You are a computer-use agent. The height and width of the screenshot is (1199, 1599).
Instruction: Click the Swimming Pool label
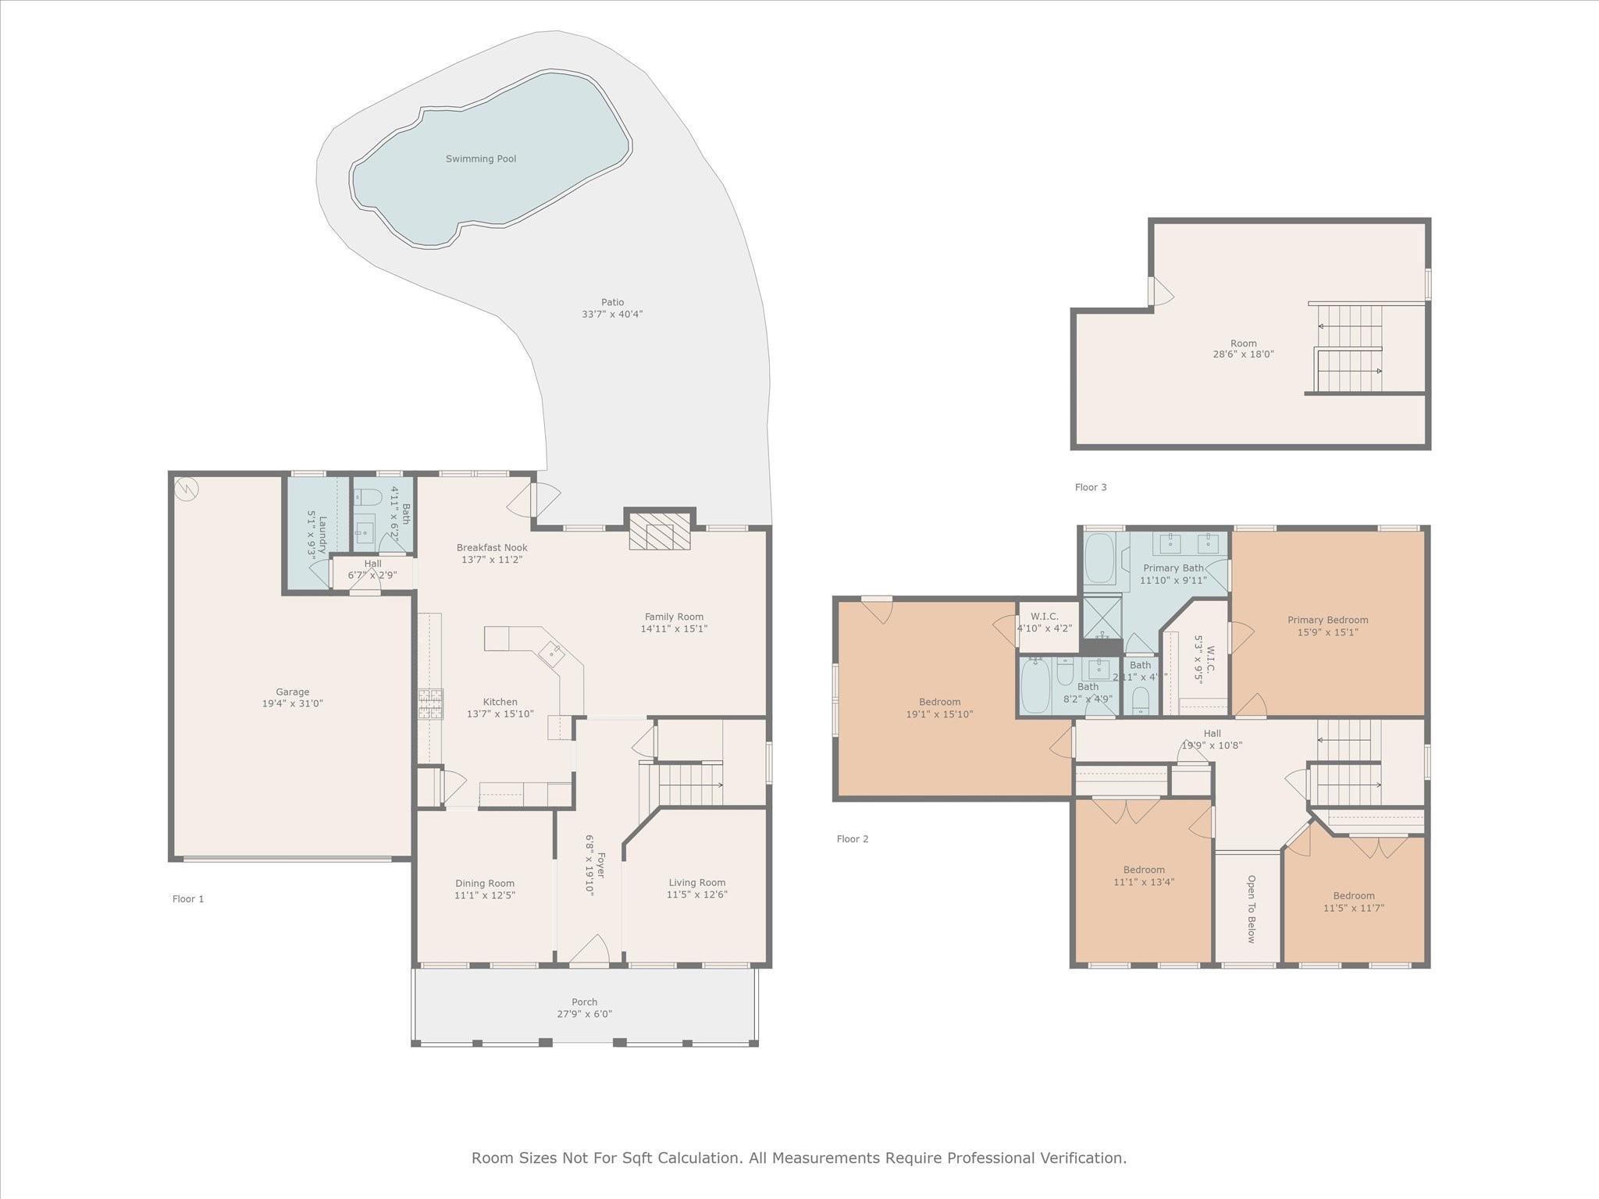pos(481,158)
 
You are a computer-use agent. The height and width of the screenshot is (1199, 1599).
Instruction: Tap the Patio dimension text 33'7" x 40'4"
pos(612,315)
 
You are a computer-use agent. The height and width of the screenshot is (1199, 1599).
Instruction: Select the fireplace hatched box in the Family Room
pos(660,532)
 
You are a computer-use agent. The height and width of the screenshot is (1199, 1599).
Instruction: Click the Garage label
pos(292,692)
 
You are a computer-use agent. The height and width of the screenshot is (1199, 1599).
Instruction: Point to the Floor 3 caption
pos(1091,487)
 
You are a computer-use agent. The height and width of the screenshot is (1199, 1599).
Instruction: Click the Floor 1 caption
pos(188,898)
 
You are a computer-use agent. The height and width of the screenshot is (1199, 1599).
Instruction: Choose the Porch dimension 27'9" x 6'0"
pos(584,1014)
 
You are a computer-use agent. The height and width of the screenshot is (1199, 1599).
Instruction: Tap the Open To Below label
pos(1250,909)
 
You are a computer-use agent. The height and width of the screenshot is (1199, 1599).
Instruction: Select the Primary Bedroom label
pos(1327,620)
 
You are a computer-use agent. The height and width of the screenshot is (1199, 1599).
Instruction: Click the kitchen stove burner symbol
pos(430,703)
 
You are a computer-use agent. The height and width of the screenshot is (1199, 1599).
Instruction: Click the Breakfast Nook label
pos(492,547)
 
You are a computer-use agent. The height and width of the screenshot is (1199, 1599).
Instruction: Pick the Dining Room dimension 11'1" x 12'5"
pos(485,895)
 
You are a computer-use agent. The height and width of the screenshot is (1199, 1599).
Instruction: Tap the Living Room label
pos(696,882)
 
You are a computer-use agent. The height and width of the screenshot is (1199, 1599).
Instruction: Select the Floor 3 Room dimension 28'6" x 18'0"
pos(1244,354)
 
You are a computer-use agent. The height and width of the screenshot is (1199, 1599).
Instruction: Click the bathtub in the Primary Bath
pos(1099,557)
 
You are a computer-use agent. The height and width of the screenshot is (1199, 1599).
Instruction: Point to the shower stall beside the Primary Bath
pos(1102,617)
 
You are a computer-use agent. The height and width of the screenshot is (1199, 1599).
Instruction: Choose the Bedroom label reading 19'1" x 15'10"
pos(939,714)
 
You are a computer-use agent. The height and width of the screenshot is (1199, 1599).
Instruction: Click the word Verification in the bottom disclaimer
pos(1081,1158)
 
